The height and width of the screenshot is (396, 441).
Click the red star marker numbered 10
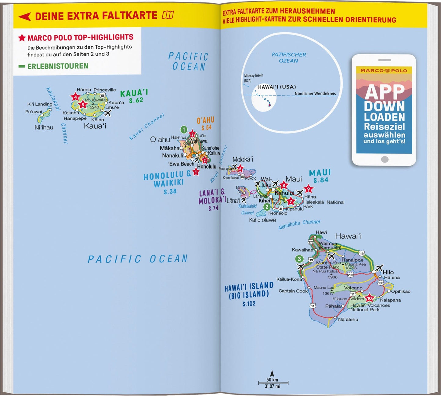pyautogui.click(x=369, y=298)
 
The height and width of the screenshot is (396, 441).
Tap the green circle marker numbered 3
pyautogui.click(x=299, y=259)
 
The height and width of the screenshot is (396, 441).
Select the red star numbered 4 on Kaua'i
pyautogui.click(x=75, y=97)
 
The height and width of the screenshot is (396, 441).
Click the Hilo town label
pyautogui.click(x=388, y=272)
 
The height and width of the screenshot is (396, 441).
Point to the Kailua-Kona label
pyautogui.click(x=289, y=279)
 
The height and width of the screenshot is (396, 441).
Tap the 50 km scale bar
pyautogui.click(x=273, y=382)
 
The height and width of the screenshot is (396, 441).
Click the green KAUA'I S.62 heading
pyautogui.click(x=134, y=96)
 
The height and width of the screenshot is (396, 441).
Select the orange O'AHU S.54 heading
pyautogui.click(x=206, y=123)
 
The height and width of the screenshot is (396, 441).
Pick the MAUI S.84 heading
pyautogui.click(x=320, y=176)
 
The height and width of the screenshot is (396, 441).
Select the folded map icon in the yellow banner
pyautogui.click(x=168, y=15)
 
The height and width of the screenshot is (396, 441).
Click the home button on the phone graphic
pyautogui.click(x=385, y=159)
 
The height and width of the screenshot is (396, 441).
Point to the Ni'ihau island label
pyautogui.click(x=44, y=127)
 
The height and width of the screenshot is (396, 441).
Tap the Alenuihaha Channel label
pyautogui.click(x=299, y=224)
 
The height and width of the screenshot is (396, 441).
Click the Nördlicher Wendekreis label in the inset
pyautogui.click(x=315, y=94)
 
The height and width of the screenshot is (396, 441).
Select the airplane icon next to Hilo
pyautogui.click(x=379, y=268)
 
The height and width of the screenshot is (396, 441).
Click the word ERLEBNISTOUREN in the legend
pyautogui.click(x=58, y=66)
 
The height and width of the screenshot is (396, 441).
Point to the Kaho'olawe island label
pyautogui.click(x=262, y=220)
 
